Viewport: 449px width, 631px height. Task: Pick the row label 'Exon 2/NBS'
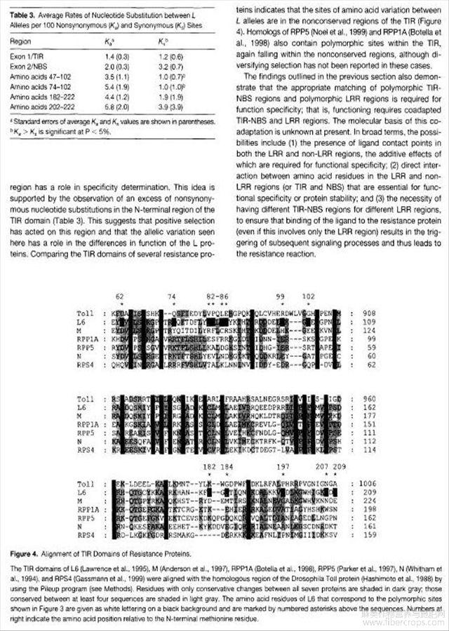[28, 64]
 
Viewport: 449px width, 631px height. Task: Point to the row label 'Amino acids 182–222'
[40, 95]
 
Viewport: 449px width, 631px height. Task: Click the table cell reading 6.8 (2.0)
[118, 104]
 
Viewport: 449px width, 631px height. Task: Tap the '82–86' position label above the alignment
[217, 297]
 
